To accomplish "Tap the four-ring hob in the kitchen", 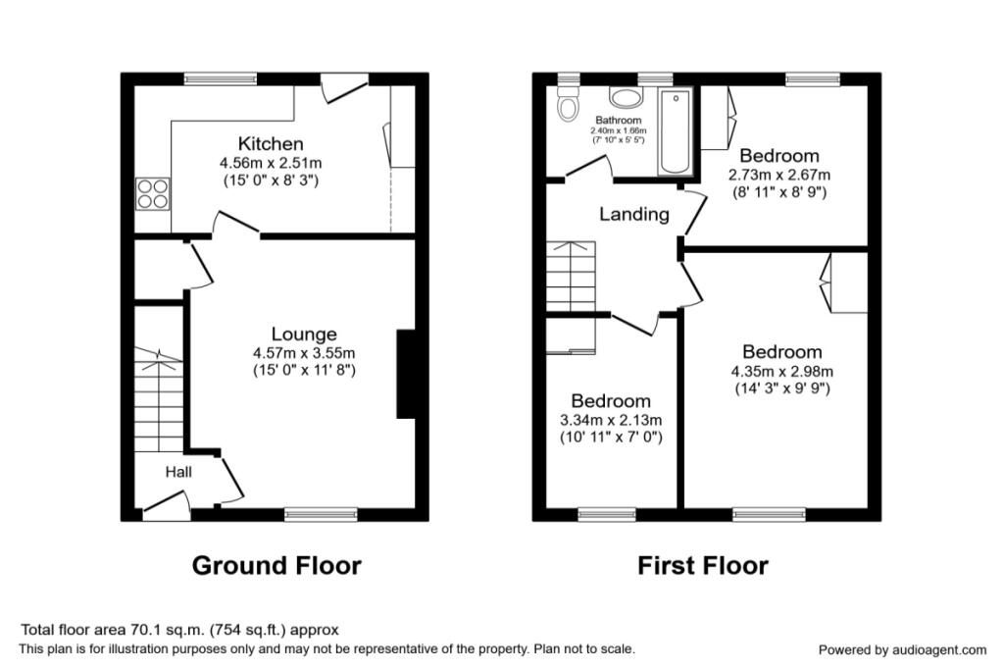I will pos(151,192).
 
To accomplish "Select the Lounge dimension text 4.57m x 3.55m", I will pos(303,353).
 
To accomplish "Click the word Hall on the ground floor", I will pos(177,473).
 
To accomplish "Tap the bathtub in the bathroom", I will pos(676,132).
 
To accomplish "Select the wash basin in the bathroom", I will pos(624,97).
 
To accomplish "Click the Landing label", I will pos(634,214).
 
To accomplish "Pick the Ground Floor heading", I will pos(276,566).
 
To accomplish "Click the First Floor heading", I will pos(703,566).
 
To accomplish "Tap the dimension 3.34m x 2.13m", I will pos(611,420).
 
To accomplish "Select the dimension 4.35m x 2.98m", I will pos(781,371).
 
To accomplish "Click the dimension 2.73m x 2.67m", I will pos(778,175).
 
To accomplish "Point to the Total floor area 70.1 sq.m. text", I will pos(180,630).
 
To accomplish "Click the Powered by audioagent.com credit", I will pos(902,649).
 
